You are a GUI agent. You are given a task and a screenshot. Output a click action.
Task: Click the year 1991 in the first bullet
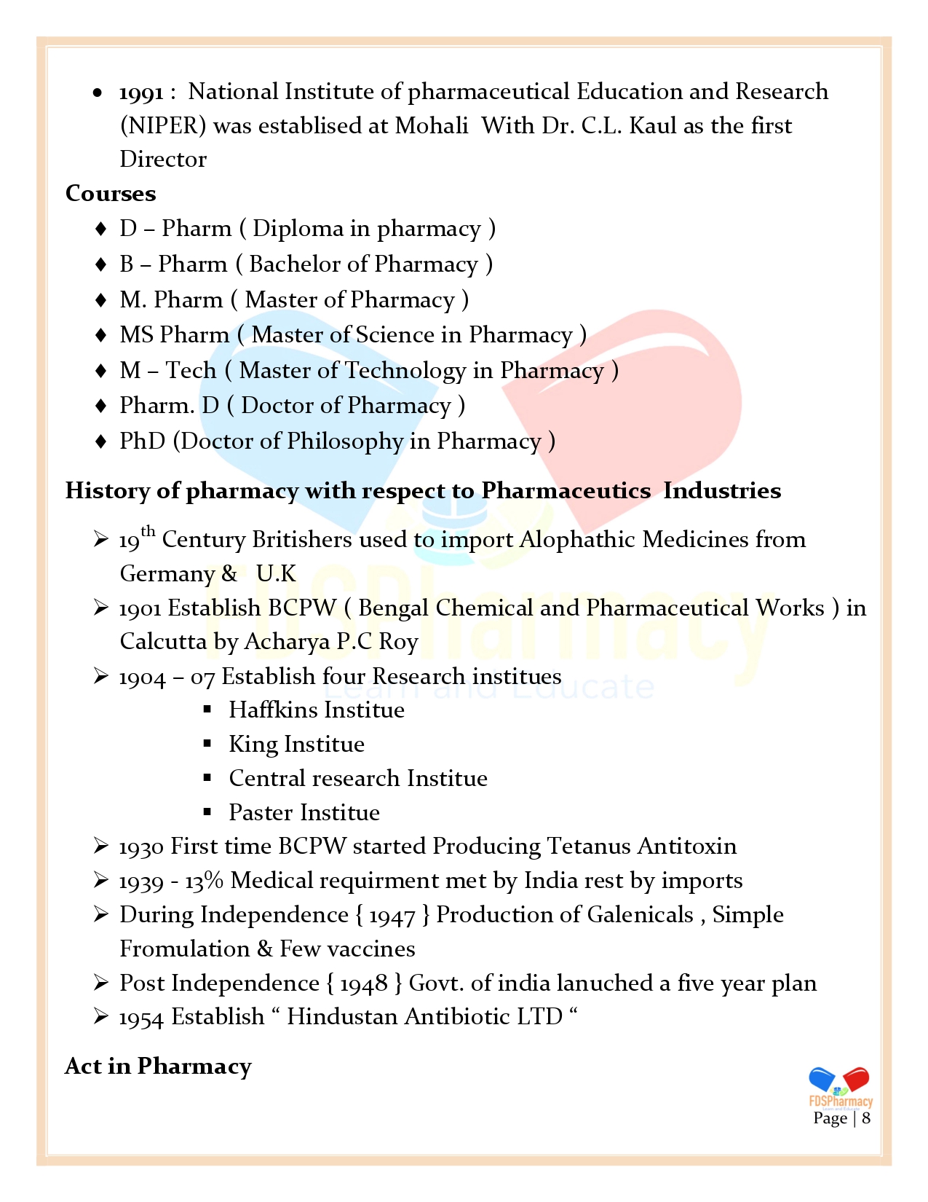(141, 93)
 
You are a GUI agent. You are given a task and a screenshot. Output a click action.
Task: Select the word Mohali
(432, 126)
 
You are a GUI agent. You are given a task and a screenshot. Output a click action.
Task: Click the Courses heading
(111, 194)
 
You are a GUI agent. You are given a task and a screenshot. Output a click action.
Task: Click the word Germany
(167, 574)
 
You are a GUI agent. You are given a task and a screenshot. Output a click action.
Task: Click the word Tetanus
(588, 846)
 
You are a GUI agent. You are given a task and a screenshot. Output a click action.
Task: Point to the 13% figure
(204, 881)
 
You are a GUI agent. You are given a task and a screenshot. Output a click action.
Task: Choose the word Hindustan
(342, 1017)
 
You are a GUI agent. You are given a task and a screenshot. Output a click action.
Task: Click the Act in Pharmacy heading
(158, 1067)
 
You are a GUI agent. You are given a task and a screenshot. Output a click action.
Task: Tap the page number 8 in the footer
(866, 1118)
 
